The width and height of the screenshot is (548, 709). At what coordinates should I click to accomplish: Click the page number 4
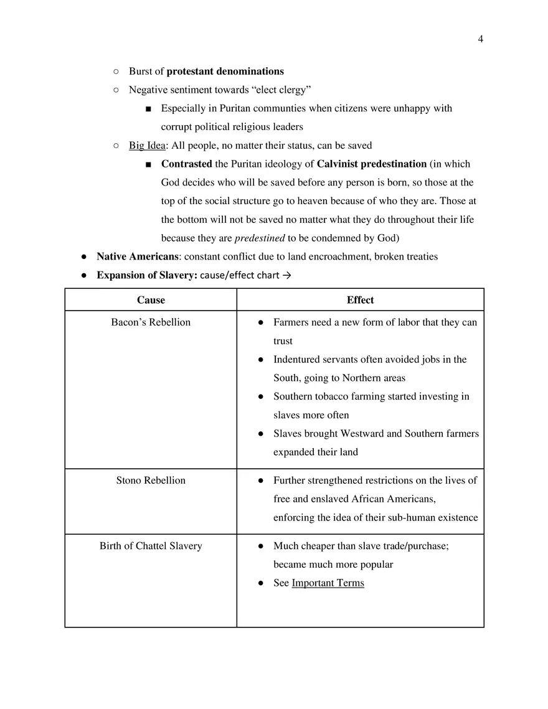click(480, 39)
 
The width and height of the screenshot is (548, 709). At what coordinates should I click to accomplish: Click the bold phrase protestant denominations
click(225, 71)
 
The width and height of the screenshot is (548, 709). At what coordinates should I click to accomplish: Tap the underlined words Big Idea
click(147, 146)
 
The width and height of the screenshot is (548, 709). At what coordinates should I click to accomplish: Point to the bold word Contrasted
click(186, 164)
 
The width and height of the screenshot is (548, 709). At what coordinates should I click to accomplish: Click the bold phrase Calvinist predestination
click(371, 164)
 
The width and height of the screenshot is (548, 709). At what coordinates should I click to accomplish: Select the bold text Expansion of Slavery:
click(147, 275)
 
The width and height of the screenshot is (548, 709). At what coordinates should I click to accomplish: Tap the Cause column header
click(151, 300)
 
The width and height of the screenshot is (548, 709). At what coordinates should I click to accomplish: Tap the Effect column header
click(360, 300)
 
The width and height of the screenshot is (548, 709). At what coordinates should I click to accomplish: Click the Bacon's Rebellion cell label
click(151, 322)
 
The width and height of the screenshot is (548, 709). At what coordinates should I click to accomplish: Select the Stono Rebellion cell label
click(151, 481)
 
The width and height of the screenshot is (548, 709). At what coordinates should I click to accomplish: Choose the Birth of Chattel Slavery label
click(151, 546)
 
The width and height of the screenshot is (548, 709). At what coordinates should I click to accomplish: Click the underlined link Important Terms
click(328, 583)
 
